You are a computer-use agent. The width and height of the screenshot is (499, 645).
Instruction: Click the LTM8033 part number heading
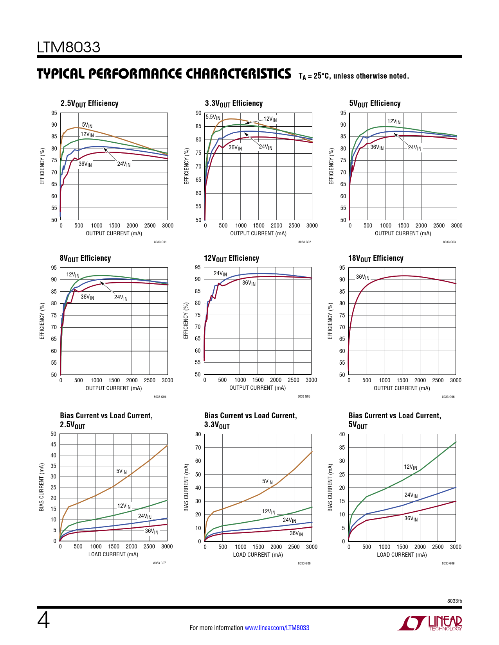(x=68, y=47)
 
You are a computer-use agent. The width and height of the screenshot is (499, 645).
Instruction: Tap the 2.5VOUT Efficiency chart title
(x=89, y=104)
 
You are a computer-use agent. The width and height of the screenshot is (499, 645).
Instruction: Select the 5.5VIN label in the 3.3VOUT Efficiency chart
(x=213, y=117)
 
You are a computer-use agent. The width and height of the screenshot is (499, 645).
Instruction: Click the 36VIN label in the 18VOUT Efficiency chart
(x=362, y=277)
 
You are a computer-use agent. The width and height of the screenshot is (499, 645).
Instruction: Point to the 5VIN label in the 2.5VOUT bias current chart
(x=121, y=471)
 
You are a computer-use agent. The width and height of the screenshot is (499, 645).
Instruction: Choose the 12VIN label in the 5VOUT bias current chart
(x=411, y=467)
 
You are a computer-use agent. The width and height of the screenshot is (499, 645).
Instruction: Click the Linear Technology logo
(x=430, y=623)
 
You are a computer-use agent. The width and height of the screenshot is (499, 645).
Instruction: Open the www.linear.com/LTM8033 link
(x=277, y=628)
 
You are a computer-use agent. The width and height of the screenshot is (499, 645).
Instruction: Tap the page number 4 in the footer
(x=43, y=620)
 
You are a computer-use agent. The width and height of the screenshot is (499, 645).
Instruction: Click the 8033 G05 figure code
(x=304, y=396)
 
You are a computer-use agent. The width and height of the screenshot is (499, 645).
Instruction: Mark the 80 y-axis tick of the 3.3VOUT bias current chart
(x=198, y=434)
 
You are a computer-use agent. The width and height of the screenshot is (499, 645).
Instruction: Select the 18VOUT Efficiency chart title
(x=376, y=258)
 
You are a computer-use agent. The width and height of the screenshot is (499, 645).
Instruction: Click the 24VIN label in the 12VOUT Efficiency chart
(x=220, y=274)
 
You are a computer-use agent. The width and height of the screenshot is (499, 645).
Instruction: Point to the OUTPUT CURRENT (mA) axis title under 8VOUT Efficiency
(x=113, y=388)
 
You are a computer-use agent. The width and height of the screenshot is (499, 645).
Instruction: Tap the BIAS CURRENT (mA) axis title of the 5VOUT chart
(x=330, y=487)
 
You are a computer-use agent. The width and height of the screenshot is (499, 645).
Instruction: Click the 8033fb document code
(x=454, y=601)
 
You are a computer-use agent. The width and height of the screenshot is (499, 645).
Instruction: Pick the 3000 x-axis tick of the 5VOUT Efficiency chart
(x=456, y=226)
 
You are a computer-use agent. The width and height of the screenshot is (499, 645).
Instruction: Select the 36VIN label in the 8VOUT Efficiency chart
(x=87, y=297)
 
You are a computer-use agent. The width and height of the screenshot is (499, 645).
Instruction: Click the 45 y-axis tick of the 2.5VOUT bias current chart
(x=54, y=444)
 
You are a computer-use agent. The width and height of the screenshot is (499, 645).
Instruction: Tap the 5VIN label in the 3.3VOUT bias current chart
(x=267, y=482)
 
